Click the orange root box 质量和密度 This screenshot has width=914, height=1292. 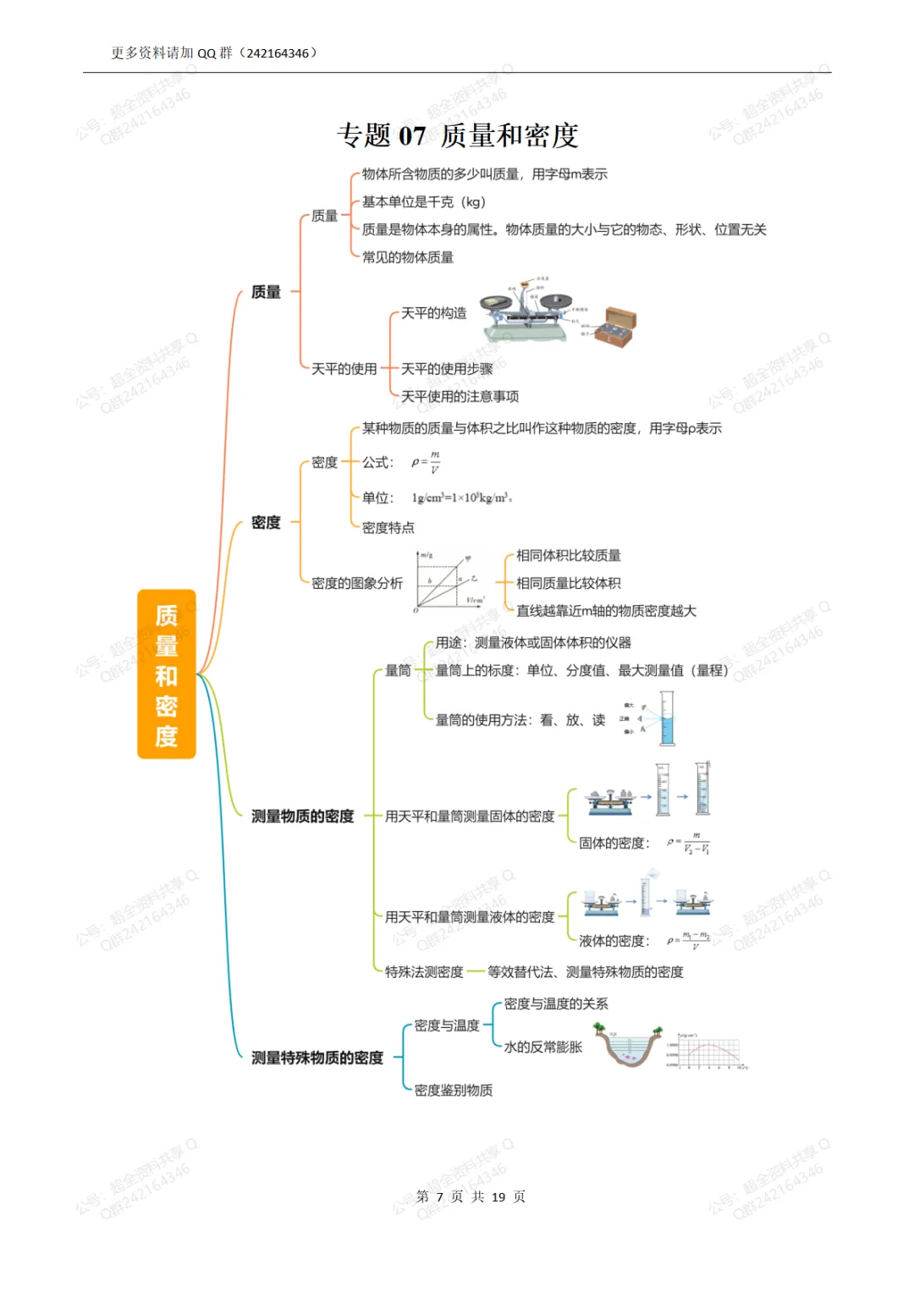click(167, 673)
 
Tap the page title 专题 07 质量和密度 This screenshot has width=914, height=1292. click(457, 135)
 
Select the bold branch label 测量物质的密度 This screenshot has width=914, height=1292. click(302, 816)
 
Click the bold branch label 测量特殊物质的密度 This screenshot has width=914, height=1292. click(317, 1058)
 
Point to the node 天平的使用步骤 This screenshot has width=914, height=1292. click(446, 369)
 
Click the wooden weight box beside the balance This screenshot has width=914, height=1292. click(614, 327)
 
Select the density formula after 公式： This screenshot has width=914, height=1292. click(426, 462)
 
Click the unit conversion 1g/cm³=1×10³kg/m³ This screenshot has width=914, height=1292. click(461, 498)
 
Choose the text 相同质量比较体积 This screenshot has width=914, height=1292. click(568, 583)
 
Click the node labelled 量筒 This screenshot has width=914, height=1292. click(398, 670)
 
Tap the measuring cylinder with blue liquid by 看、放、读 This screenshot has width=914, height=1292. click(667, 718)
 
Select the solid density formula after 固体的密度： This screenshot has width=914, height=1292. click(689, 843)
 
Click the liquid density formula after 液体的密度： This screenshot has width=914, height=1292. click(689, 940)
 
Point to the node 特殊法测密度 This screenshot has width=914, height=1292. click(424, 972)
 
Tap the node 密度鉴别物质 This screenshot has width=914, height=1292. click(453, 1091)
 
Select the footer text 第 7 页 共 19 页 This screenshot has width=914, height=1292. click(471, 1196)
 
